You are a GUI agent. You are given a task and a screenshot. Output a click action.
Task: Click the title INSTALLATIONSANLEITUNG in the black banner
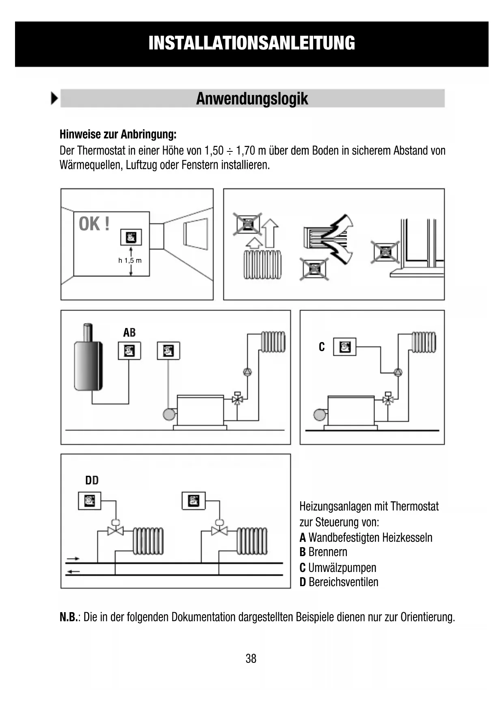tap(252, 43)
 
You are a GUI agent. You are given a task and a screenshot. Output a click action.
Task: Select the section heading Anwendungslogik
tap(252, 99)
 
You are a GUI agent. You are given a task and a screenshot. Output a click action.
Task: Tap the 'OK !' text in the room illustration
tap(94, 224)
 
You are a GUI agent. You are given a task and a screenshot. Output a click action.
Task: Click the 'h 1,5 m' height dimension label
tap(130, 260)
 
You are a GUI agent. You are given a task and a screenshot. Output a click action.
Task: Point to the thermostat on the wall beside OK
tap(131, 237)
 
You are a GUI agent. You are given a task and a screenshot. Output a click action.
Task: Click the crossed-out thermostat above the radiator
tap(247, 224)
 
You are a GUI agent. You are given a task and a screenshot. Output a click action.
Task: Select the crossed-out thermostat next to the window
tap(385, 252)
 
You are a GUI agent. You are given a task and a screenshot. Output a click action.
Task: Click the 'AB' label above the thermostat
tap(129, 333)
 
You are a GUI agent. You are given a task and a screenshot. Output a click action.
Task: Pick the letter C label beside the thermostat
tap(322, 347)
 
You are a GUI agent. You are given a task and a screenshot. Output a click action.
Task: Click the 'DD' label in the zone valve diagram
tap(92, 481)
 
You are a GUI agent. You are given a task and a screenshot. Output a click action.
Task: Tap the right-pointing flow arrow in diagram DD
tap(73, 559)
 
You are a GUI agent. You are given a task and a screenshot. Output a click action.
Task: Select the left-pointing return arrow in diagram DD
tap(73, 572)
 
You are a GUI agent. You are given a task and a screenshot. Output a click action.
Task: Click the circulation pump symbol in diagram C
tap(398, 372)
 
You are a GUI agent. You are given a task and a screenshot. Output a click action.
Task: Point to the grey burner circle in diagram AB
tap(169, 414)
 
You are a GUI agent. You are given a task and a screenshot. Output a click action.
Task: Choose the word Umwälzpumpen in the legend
tap(342, 567)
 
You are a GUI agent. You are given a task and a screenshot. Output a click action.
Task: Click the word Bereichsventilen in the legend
tap(343, 582)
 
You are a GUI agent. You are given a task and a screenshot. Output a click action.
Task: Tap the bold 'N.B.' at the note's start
tap(68, 617)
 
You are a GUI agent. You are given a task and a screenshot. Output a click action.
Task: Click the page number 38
tap(251, 658)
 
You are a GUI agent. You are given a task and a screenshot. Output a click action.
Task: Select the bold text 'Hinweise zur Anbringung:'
tap(118, 134)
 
